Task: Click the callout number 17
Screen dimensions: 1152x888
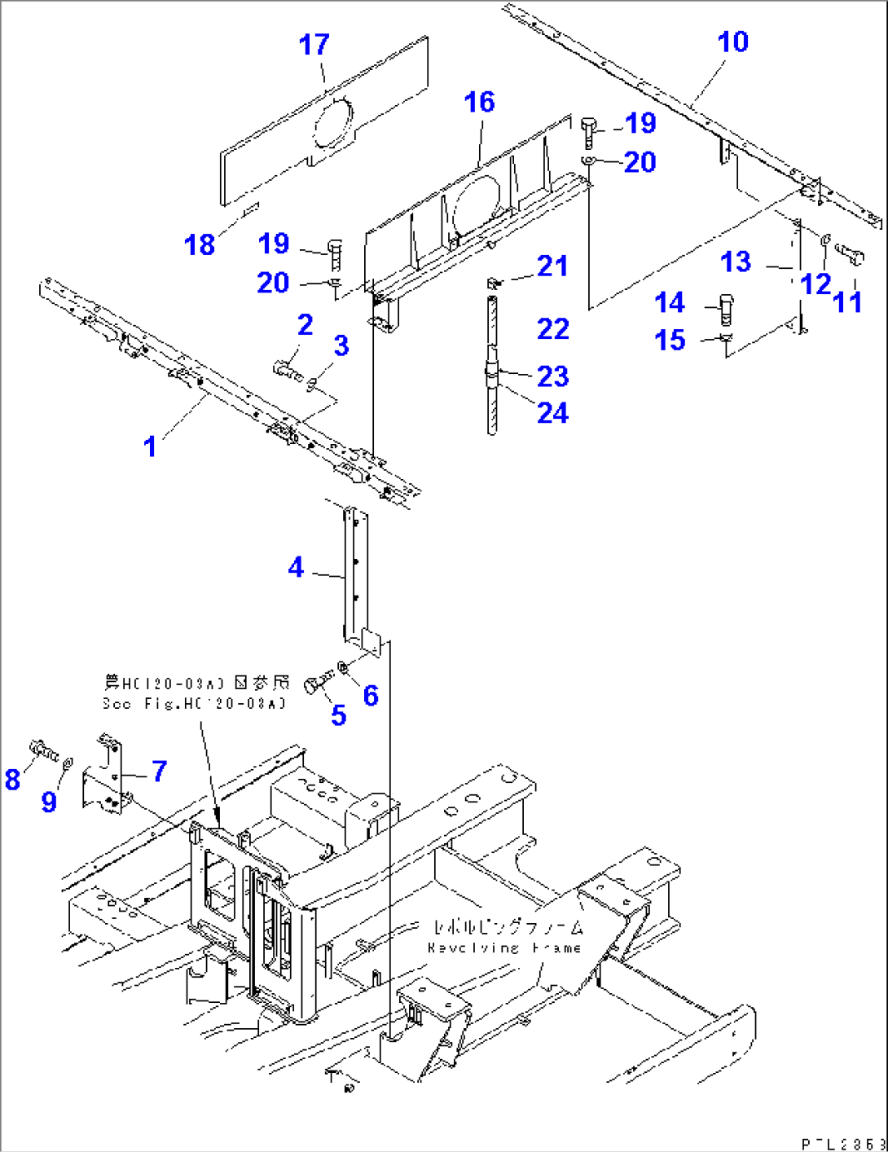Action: (314, 45)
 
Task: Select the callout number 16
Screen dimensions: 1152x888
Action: (479, 103)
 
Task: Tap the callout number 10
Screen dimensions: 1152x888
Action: (732, 42)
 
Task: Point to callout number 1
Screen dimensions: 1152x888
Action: (150, 446)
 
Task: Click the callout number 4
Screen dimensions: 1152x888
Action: (297, 567)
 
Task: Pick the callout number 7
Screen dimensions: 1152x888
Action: (160, 770)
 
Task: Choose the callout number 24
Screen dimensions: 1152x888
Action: (552, 413)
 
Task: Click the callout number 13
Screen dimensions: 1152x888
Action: (736, 262)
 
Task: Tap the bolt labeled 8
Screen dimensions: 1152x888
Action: (42, 748)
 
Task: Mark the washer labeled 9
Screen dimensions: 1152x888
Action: (68, 763)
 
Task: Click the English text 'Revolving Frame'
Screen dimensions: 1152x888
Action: (504, 948)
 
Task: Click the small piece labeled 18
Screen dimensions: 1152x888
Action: (251, 209)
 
